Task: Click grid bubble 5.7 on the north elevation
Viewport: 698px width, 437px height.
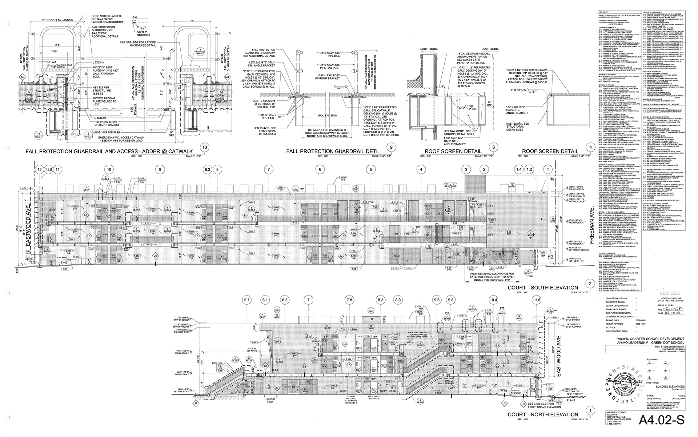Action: [x=247, y=300]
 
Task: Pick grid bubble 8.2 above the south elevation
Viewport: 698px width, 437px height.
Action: [x=208, y=169]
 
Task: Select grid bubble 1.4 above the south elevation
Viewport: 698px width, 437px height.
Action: [x=519, y=169]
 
